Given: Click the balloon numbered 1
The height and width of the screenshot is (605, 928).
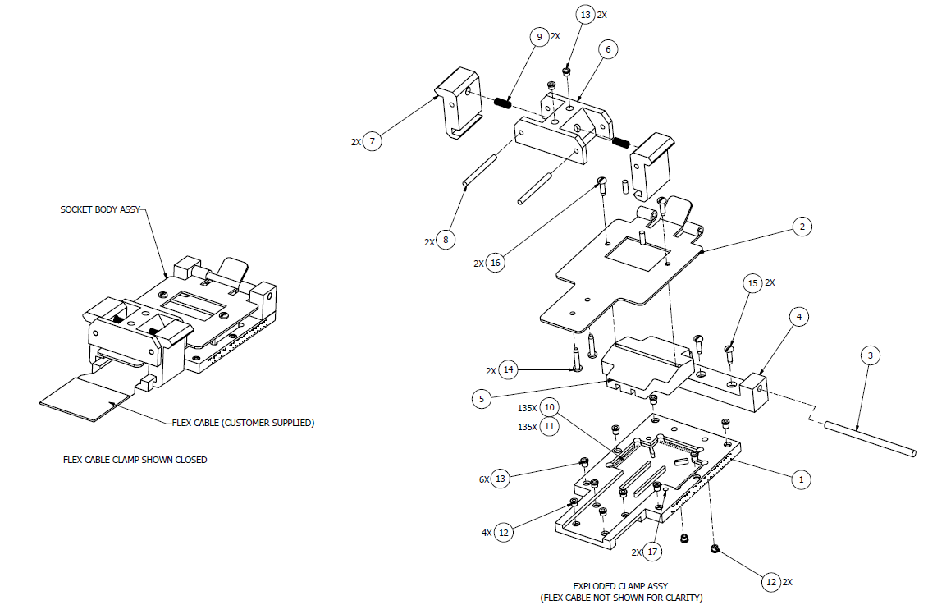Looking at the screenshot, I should [x=802, y=478].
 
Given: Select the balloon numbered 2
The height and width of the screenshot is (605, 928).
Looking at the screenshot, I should [x=802, y=225].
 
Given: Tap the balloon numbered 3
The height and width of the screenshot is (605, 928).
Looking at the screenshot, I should [x=871, y=355].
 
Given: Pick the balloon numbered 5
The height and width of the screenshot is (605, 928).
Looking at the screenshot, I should [x=484, y=399].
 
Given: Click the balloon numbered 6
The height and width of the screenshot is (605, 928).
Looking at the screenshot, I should [x=607, y=49].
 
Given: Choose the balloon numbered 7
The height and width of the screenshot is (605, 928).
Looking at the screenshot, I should [x=373, y=142].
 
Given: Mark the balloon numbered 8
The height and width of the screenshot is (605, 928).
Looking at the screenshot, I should [x=446, y=241].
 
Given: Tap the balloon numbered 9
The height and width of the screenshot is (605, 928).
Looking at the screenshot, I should [x=538, y=37].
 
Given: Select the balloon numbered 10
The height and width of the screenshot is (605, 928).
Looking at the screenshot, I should [x=549, y=408].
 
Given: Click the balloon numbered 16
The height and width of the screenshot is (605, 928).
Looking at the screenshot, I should [x=495, y=264].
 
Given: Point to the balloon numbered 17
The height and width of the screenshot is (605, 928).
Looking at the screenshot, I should [x=653, y=552].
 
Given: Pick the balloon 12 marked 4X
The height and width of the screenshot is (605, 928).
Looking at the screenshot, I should [x=504, y=533].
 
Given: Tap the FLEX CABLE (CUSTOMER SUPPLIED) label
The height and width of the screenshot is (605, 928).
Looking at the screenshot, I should [x=243, y=424].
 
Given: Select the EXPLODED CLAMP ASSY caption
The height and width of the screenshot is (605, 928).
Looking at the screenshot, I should [x=620, y=586].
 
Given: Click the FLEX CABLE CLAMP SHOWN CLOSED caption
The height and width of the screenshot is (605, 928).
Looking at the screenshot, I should [x=135, y=460].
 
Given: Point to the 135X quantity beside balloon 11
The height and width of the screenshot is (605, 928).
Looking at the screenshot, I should [x=527, y=427].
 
